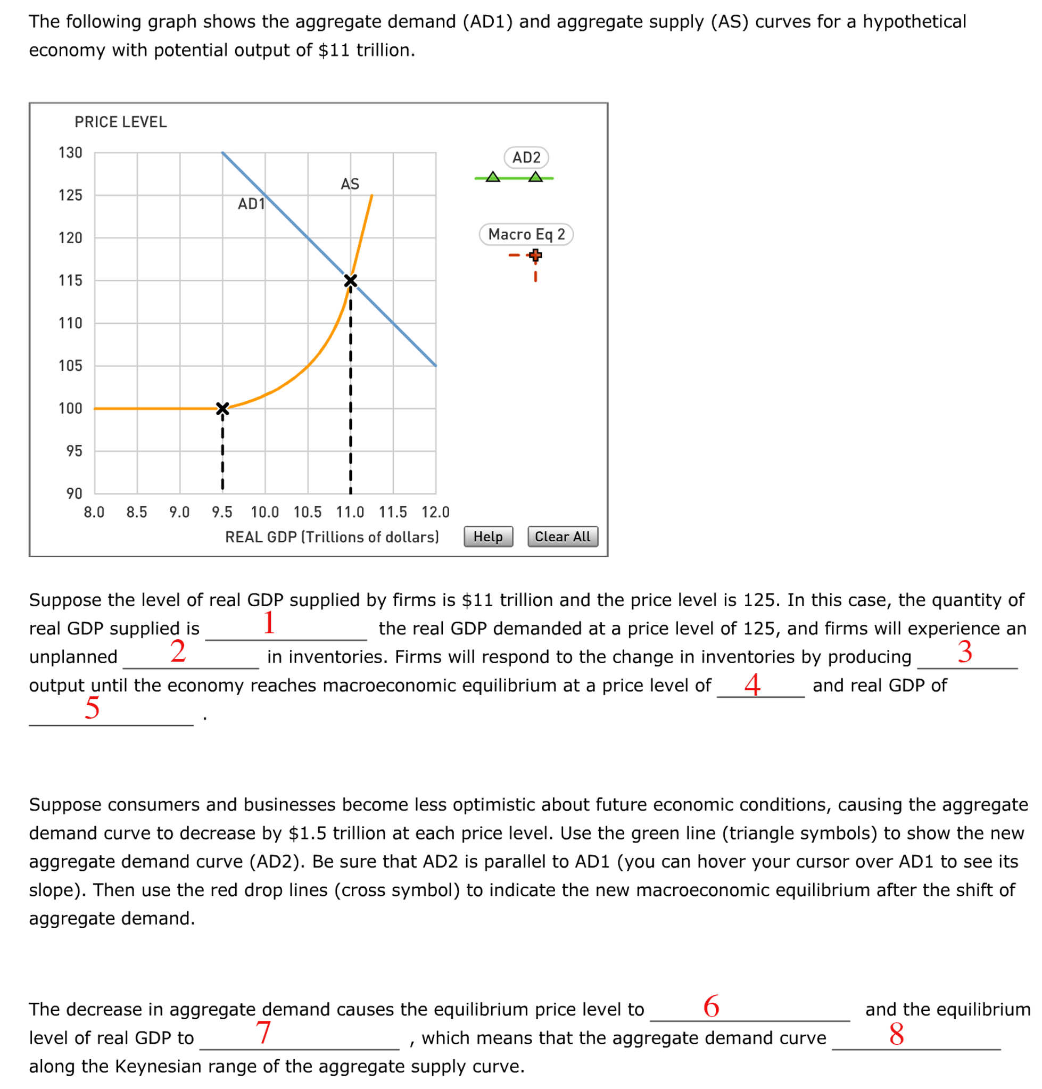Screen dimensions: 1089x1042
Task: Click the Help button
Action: click(x=487, y=537)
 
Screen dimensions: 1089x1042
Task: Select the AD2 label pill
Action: click(x=525, y=158)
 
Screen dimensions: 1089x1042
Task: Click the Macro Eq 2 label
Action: click(x=525, y=235)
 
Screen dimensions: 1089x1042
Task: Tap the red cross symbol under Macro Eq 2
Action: click(x=535, y=255)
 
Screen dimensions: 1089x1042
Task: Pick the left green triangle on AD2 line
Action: click(x=493, y=177)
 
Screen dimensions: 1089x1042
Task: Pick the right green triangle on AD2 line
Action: click(x=535, y=177)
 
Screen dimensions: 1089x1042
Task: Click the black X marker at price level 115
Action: click(x=351, y=280)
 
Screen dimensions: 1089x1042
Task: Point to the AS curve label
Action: click(x=350, y=184)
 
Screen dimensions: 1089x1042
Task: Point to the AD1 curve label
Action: click(x=251, y=204)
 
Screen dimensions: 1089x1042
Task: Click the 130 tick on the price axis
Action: click(x=71, y=153)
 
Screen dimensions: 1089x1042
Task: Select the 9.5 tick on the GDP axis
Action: click(x=222, y=512)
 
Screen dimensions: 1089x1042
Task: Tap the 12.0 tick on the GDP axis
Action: click(x=435, y=512)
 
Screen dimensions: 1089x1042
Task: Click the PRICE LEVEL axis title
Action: click(x=120, y=122)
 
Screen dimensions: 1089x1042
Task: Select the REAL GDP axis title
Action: click(x=332, y=537)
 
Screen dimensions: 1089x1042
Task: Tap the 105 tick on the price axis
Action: click(x=71, y=366)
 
